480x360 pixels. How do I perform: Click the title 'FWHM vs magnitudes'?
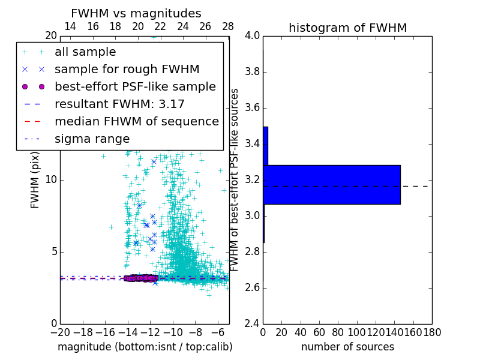coord(136,13)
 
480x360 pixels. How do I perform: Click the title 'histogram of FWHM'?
coord(347,28)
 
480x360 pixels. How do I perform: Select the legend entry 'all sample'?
coord(85,52)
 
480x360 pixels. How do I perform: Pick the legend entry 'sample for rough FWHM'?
coord(127,69)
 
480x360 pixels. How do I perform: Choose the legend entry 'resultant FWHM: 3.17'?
coord(119,104)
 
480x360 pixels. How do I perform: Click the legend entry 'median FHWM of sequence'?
coord(136,121)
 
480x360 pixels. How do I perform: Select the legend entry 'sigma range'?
coord(92,139)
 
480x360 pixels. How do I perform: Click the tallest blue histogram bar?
coord(331,184)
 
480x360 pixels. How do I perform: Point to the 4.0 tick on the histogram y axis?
coord(252,36)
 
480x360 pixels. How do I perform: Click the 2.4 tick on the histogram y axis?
coord(252,323)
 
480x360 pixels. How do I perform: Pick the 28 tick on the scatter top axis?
coord(228,26)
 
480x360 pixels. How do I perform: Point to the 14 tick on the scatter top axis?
coord(70,26)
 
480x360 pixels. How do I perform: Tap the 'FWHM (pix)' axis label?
coord(35,179)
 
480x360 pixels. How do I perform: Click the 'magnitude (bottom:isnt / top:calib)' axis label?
coord(145,347)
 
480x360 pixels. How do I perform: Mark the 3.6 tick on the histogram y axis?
coord(252,108)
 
